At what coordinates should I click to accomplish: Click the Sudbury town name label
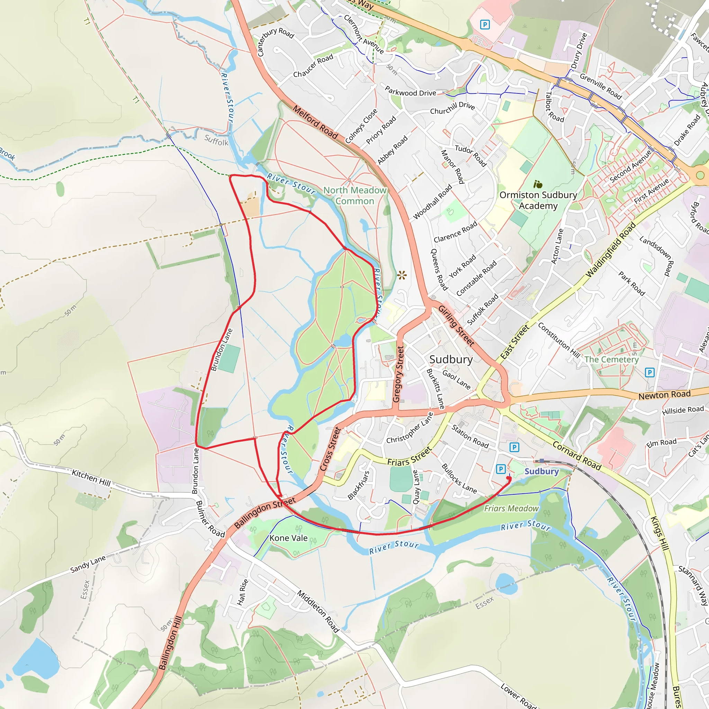tap(451, 359)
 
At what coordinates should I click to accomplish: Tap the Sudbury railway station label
tap(541, 471)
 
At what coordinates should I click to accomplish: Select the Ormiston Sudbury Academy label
tap(538, 200)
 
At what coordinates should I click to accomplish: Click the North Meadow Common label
tap(354, 196)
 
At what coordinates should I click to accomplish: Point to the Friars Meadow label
tap(511, 508)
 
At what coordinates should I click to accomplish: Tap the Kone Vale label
tap(288, 538)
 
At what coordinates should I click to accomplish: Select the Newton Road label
tap(664, 395)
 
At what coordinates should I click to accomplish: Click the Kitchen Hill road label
tap(91, 477)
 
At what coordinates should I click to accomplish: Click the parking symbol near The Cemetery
tap(649, 373)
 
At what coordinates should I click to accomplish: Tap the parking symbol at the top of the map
tap(485, 25)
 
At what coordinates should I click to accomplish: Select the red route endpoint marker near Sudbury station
tap(509, 478)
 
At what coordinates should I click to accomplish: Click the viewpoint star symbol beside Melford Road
tap(402, 275)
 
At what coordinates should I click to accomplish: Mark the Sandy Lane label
tap(88, 564)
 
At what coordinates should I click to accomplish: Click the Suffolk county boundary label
tap(216, 140)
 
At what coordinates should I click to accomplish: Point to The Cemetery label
tap(611, 359)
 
